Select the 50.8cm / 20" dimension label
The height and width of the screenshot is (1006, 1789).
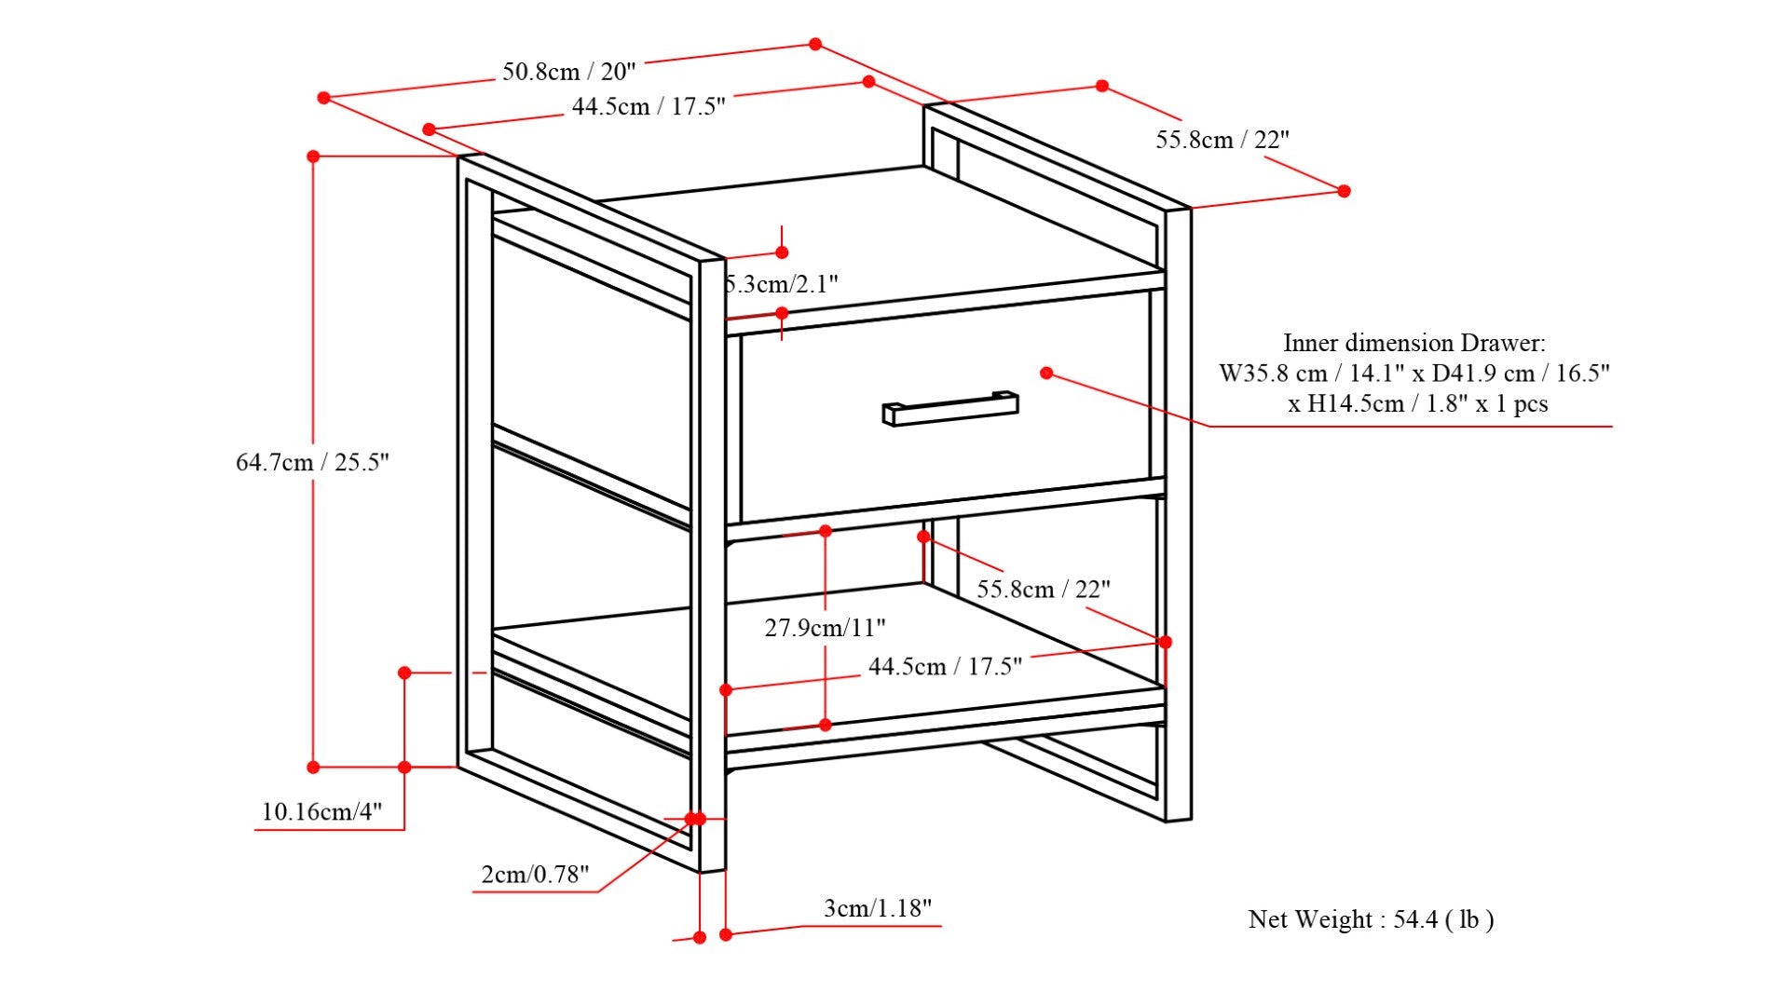tap(568, 72)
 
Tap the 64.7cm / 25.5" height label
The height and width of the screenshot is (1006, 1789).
tap(312, 462)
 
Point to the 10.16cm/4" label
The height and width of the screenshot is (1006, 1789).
tap(321, 811)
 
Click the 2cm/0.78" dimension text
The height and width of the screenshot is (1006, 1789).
tap(535, 874)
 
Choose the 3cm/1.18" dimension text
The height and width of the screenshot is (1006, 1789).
tap(877, 908)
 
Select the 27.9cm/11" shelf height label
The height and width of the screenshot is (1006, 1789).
tap(825, 628)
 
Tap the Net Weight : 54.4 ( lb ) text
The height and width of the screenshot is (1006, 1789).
tap(1371, 919)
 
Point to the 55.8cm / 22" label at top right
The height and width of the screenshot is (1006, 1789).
tap(1222, 140)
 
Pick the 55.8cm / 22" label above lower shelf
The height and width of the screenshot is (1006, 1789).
tap(1044, 590)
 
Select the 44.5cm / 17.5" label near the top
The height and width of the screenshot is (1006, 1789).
tap(649, 106)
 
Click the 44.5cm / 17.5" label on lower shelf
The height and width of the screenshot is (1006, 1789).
tap(945, 667)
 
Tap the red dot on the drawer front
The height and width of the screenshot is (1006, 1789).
tap(1046, 373)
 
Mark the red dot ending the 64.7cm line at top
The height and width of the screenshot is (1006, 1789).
tap(313, 156)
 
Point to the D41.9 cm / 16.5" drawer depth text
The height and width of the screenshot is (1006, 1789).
tap(1521, 374)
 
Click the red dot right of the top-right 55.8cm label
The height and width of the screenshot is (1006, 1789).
tap(1344, 191)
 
